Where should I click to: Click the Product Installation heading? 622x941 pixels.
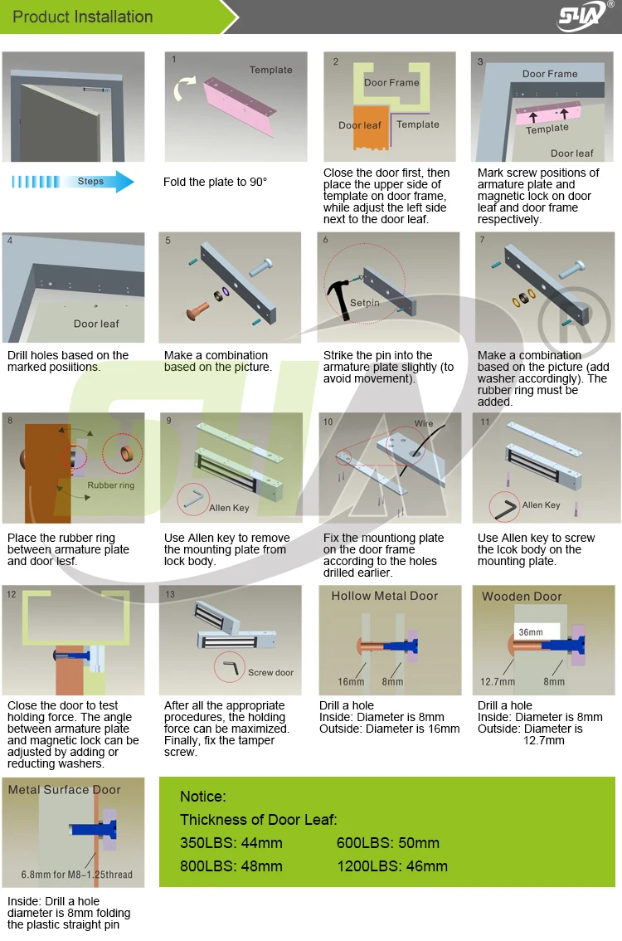[83, 17]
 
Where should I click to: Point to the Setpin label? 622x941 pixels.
[364, 303]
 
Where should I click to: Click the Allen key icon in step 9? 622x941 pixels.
[196, 497]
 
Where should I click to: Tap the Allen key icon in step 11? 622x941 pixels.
[504, 506]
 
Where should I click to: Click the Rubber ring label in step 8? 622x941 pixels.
[110, 485]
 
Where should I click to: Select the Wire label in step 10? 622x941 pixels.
[424, 423]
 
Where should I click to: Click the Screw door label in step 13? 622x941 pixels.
[270, 672]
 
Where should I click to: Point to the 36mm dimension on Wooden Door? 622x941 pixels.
[531, 632]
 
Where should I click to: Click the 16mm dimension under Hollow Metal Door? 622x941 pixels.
[351, 681]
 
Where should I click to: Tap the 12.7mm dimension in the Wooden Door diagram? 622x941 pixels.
[498, 681]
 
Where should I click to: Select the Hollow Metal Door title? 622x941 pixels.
[385, 596]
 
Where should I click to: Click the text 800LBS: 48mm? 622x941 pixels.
[231, 866]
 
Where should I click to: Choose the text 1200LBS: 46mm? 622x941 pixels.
[392, 866]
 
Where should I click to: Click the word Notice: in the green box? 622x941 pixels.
[202, 797]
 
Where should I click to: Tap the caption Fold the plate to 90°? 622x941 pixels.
[215, 182]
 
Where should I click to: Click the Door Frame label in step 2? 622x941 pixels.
[391, 83]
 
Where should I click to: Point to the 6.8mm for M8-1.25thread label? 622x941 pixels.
[76, 875]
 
